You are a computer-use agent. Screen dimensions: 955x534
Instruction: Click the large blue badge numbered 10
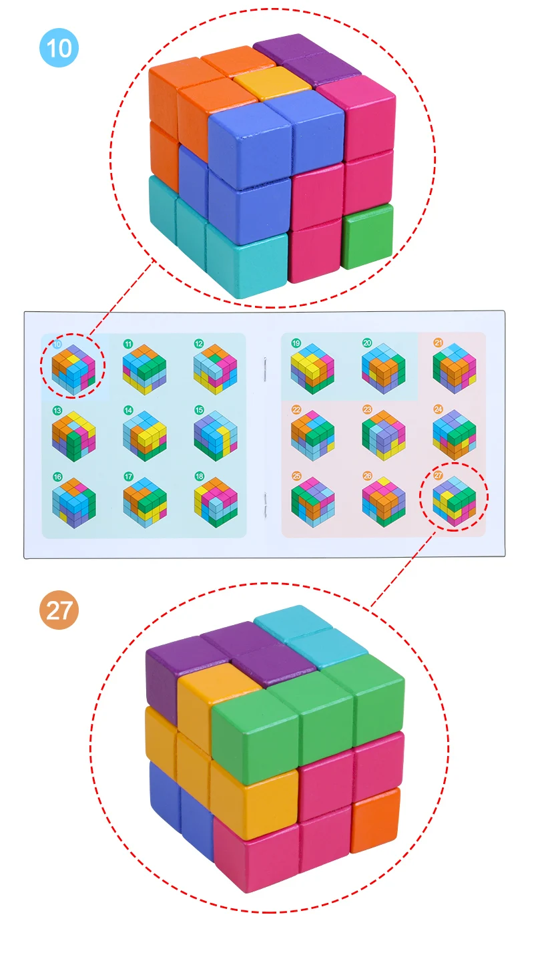59,48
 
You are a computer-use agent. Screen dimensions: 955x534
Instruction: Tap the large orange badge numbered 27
59,610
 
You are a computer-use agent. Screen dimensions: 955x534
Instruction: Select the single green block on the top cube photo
366,236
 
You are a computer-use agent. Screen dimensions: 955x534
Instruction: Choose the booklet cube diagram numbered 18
216,501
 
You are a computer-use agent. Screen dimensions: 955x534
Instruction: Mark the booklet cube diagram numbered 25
312,501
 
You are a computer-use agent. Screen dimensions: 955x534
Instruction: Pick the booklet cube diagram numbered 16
74,501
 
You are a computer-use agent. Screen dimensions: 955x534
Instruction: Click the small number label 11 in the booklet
127,343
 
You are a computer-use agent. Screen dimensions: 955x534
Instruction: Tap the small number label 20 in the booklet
366,343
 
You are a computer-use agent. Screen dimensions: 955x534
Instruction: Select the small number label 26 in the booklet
367,476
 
